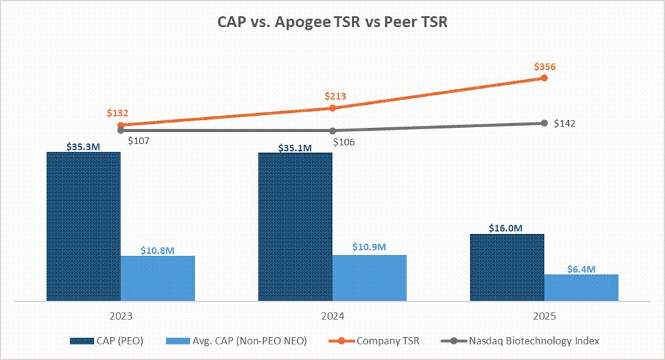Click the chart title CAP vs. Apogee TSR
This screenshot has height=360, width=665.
point(332,22)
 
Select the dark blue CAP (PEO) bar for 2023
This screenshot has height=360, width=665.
point(83,226)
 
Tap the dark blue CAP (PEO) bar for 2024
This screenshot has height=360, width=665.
point(295,226)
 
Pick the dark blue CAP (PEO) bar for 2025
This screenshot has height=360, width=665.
point(507,267)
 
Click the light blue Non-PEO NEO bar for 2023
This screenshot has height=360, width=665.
point(158,278)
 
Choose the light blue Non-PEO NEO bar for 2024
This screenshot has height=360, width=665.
point(369,277)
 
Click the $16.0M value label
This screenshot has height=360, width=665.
point(506,228)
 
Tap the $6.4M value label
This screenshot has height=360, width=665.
point(580,269)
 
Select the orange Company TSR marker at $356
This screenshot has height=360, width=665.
point(544,78)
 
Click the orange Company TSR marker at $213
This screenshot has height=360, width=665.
point(332,108)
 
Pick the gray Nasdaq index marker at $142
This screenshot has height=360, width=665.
point(544,123)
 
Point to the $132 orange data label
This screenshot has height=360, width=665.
point(118,114)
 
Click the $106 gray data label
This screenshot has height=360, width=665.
point(344,142)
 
